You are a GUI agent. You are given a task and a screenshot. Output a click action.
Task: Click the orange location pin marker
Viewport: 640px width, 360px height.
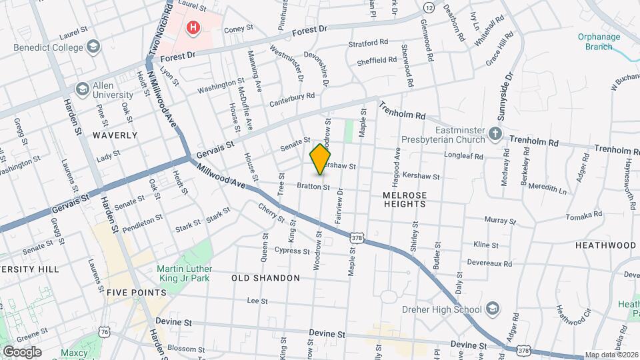(321, 159)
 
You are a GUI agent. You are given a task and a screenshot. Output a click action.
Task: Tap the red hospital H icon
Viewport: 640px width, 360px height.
(193, 27)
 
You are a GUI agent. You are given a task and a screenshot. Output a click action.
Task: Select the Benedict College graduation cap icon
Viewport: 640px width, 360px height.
(93, 47)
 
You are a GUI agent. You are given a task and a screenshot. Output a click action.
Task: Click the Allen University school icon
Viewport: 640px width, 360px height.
(83, 89)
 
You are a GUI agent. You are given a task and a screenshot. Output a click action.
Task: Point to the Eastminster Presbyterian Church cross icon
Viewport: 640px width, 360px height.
(495, 134)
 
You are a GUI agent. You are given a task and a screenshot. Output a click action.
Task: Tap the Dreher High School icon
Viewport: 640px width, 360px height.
(491, 309)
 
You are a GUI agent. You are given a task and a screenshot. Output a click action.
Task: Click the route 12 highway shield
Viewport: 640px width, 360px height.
(429, 7)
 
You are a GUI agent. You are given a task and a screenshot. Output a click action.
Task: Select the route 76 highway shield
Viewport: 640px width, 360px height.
(104, 332)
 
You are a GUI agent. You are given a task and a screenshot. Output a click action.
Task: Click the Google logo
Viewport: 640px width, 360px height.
(22, 351)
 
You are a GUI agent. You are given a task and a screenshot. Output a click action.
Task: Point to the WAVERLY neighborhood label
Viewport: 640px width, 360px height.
(115, 135)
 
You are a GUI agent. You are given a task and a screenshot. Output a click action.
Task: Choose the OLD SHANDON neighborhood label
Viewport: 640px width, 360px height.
(265, 277)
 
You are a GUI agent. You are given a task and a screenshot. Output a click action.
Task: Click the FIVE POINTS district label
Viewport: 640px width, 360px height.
(136, 293)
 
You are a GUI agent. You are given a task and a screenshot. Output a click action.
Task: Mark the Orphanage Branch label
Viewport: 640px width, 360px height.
(607, 41)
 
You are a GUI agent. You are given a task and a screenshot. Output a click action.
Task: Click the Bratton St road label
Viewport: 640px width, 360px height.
(313, 187)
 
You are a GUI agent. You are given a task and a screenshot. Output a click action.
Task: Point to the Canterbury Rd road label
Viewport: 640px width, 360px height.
(292, 100)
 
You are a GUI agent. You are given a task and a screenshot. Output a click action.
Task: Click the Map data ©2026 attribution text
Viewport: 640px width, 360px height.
(611, 355)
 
